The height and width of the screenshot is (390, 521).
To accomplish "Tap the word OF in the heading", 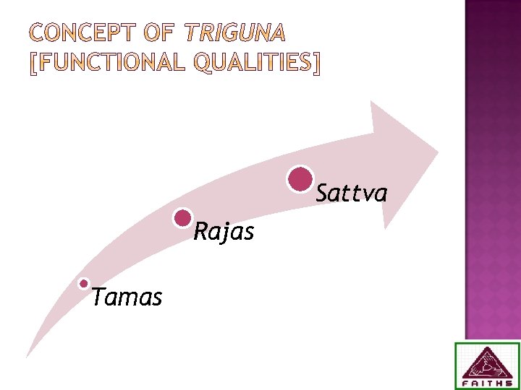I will (x=160, y=32).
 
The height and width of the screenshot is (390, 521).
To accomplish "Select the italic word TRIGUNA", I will (x=235, y=32).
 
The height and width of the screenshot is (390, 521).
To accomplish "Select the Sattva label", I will (x=352, y=194).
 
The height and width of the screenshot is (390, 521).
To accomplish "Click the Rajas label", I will (x=224, y=232).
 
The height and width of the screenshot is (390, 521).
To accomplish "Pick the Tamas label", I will (x=127, y=297).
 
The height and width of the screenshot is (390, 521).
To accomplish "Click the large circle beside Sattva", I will (x=300, y=179).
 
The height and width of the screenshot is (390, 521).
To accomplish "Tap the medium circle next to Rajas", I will (x=184, y=218).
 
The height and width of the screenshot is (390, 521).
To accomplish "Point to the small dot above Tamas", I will (x=85, y=284).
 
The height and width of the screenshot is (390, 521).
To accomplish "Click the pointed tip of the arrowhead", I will (x=438, y=152).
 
